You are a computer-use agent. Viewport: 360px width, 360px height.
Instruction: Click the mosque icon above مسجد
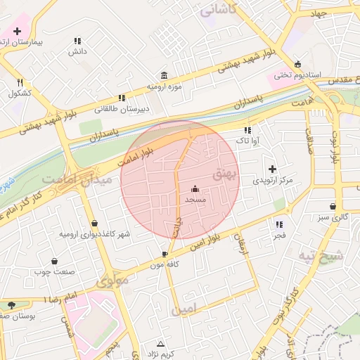point(195,188)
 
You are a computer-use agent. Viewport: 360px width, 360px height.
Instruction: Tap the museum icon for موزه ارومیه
point(164,75)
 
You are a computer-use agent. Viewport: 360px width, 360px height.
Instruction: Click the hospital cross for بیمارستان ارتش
point(17,32)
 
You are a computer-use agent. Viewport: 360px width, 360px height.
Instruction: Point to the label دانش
point(77,51)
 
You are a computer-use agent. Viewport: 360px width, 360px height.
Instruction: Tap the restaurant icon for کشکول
point(20,82)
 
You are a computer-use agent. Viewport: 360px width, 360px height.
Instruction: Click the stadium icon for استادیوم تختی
point(298,63)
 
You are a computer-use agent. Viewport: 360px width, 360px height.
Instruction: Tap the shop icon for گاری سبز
point(333,207)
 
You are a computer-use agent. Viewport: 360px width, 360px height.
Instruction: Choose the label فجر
point(280,236)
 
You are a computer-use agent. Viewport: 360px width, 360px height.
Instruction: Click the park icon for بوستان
point(12,304)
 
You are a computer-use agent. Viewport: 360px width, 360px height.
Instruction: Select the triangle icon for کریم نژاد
point(161,344)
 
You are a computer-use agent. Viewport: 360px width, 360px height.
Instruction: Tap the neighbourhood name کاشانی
point(219,9)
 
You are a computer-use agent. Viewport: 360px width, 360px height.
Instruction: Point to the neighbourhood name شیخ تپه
point(322,256)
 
